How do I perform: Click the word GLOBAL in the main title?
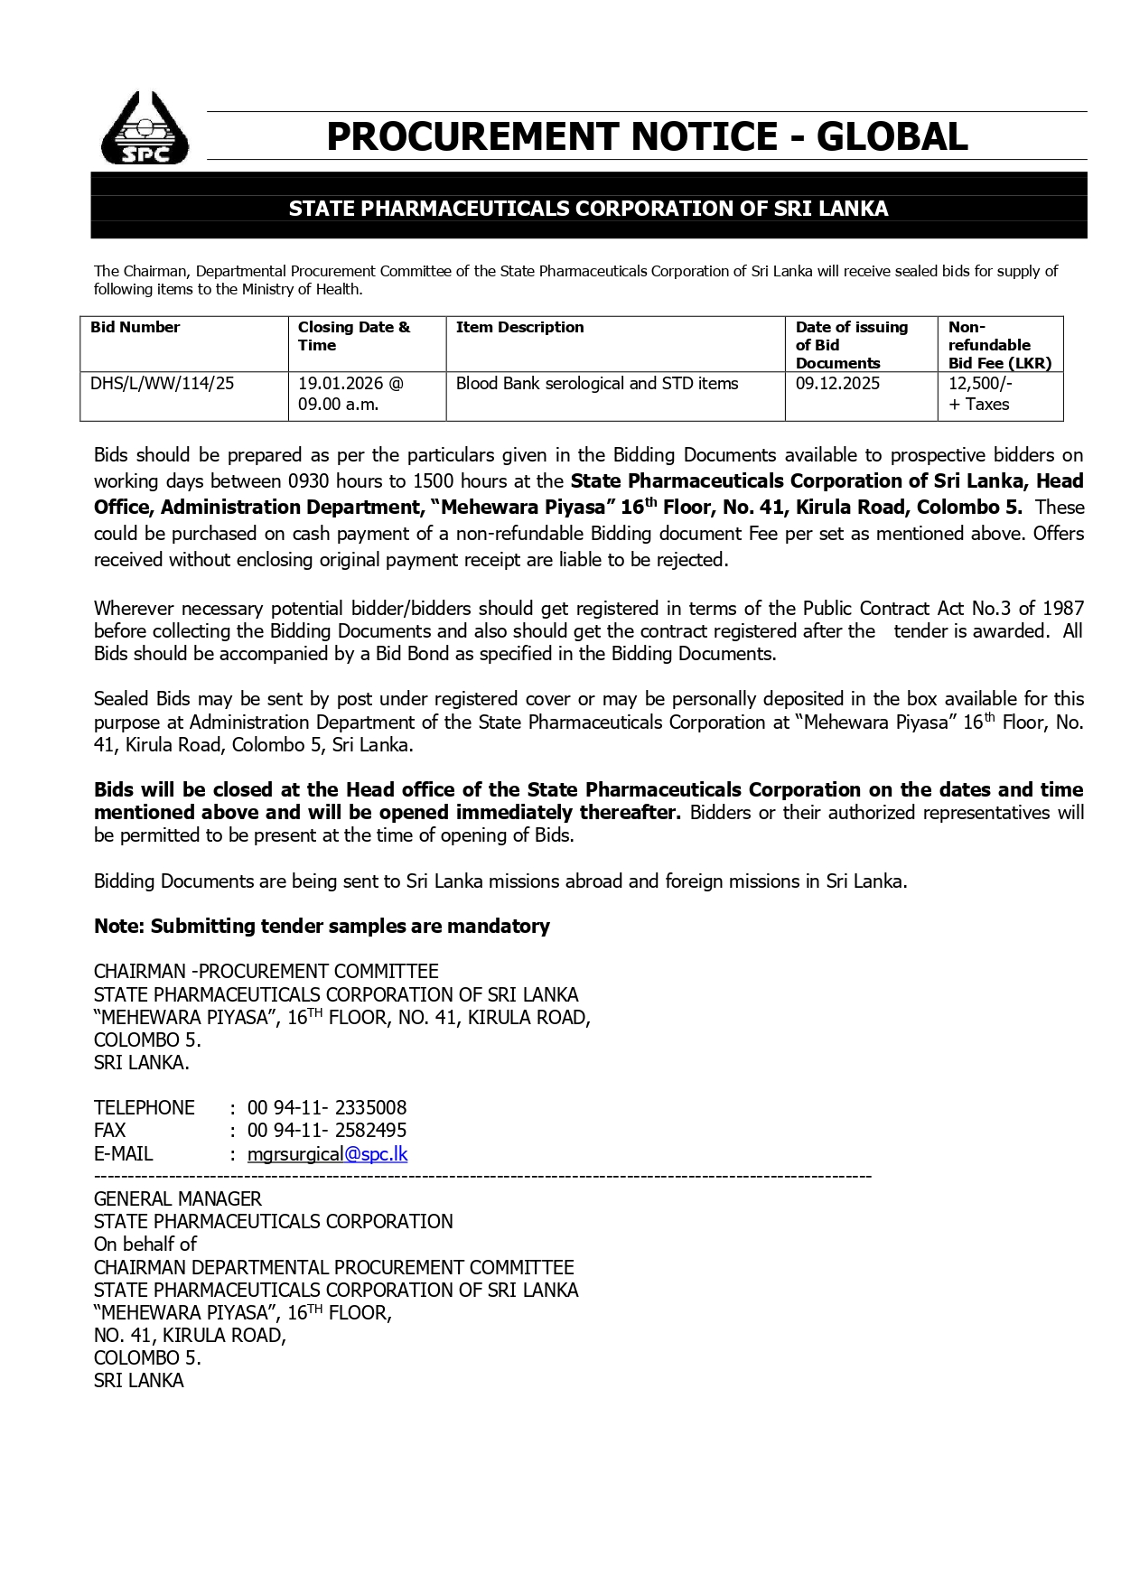click(x=892, y=137)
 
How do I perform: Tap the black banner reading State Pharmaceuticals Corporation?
click(x=588, y=209)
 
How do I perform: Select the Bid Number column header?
click(x=135, y=327)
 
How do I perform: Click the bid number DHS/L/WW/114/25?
click(x=162, y=383)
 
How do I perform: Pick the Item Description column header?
click(x=519, y=327)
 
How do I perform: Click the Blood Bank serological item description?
click(x=596, y=383)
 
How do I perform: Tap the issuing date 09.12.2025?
click(x=837, y=383)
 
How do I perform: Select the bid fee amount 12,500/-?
click(x=980, y=383)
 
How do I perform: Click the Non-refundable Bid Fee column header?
click(x=999, y=345)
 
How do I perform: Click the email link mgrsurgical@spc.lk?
click(x=327, y=1153)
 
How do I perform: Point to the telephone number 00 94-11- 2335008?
click(x=327, y=1107)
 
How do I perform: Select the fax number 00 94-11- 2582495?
click(x=327, y=1130)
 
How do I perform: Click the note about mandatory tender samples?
click(x=322, y=926)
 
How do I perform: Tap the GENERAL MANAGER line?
click(x=178, y=1198)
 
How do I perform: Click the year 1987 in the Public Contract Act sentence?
click(x=1063, y=608)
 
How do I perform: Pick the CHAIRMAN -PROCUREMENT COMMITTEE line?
click(x=266, y=971)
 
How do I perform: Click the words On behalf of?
click(x=145, y=1244)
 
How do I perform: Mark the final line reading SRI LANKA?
click(x=139, y=1380)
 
